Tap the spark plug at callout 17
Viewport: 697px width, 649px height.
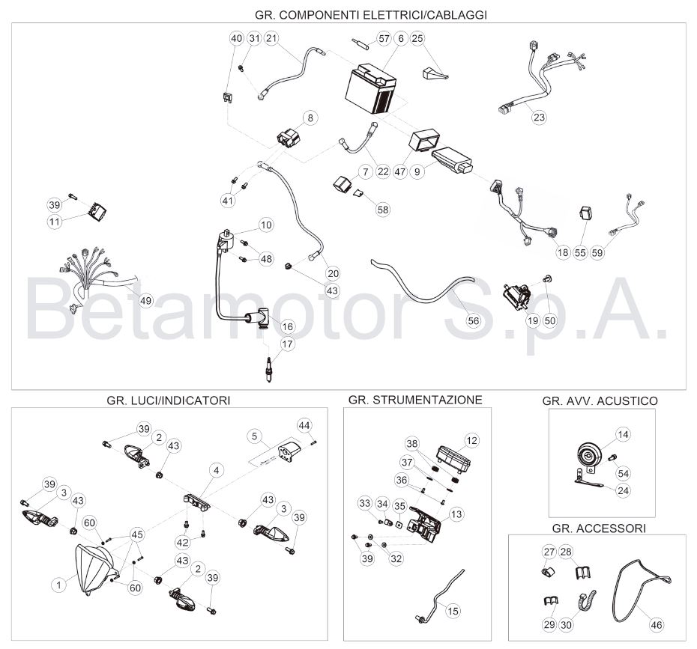[x=268, y=369]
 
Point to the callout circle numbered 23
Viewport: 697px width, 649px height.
[x=539, y=118]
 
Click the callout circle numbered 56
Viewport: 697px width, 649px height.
[x=474, y=320]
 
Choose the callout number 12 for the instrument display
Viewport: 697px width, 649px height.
[x=471, y=440]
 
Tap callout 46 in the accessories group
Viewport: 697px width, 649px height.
[x=657, y=625]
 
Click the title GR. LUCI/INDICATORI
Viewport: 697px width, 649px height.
[x=169, y=400]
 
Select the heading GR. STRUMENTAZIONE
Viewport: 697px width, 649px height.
[x=415, y=400]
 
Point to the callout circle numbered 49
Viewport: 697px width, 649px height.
[x=146, y=300]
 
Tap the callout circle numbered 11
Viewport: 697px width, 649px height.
[x=55, y=221]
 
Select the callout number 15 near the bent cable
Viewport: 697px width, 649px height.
[x=453, y=612]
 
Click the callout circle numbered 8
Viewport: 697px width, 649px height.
[x=310, y=118]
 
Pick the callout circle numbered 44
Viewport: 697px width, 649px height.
[x=304, y=426]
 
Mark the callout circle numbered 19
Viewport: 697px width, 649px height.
[x=533, y=320]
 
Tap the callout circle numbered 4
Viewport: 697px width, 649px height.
[x=217, y=470]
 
